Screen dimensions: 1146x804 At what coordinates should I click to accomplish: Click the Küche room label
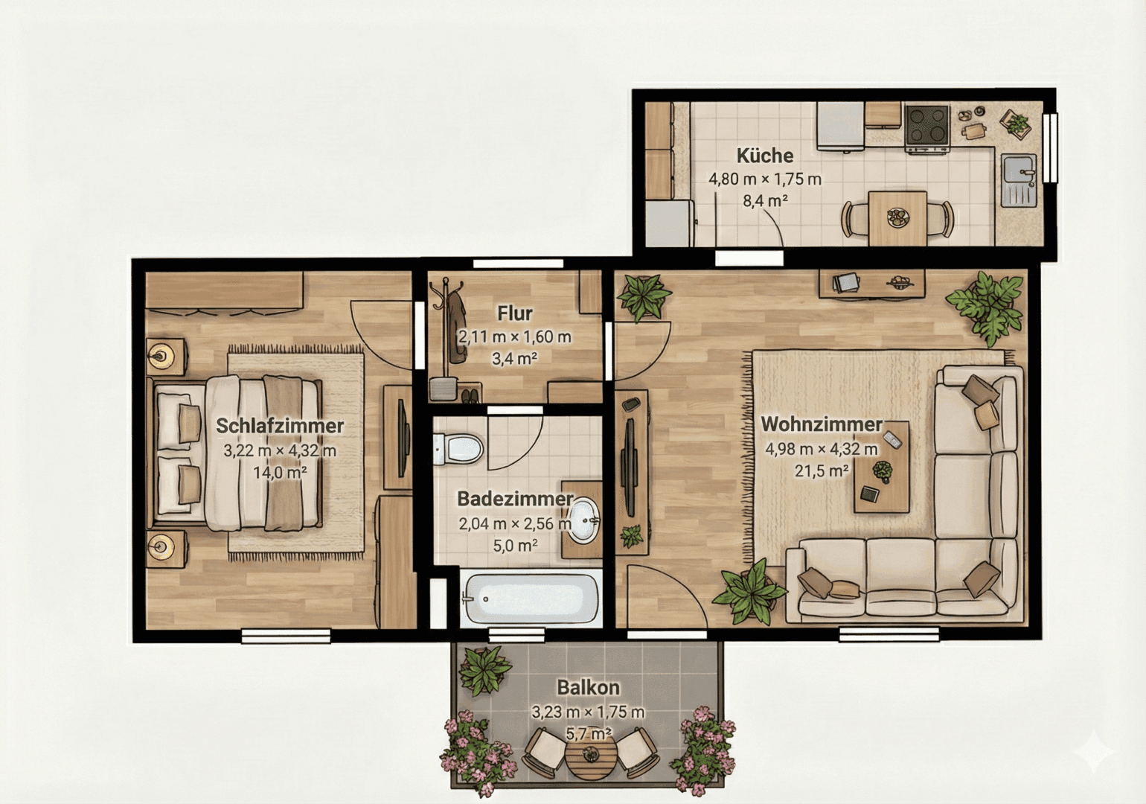click(x=765, y=156)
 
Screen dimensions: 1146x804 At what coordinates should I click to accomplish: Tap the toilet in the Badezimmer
click(x=458, y=449)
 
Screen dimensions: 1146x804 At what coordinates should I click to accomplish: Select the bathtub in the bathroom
click(x=530, y=599)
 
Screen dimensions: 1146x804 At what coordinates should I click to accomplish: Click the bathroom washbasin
click(x=583, y=520)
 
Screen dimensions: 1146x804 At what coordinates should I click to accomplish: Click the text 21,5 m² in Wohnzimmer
click(x=822, y=470)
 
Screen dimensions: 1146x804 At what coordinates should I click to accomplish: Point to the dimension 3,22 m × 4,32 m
click(x=280, y=451)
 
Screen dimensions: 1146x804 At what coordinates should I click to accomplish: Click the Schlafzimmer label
click(x=279, y=426)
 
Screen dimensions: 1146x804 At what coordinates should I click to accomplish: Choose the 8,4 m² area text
click(x=765, y=200)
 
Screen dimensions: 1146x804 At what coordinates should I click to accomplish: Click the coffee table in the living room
click(x=881, y=466)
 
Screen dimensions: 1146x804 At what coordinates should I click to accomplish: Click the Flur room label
click(x=515, y=313)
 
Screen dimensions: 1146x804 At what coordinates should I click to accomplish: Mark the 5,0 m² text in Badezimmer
click(x=515, y=546)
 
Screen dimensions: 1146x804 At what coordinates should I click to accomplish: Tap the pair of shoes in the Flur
click(x=470, y=395)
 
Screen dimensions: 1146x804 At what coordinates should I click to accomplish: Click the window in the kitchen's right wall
click(x=1050, y=147)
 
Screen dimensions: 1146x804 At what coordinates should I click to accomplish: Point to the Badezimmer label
click(x=515, y=499)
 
